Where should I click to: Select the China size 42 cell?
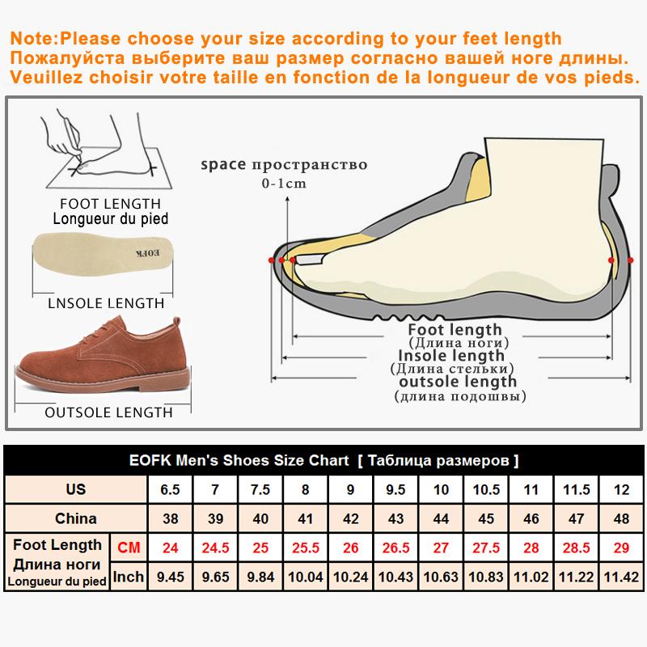pyautogui.click(x=350, y=518)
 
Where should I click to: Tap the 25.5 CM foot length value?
pyautogui.click(x=305, y=548)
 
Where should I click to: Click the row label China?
pyautogui.click(x=76, y=518)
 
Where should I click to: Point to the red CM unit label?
pyautogui.click(x=129, y=548)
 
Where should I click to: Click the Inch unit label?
pyautogui.click(x=129, y=576)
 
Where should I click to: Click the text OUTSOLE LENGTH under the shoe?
pyautogui.click(x=108, y=412)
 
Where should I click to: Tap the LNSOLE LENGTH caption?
pyautogui.click(x=101, y=303)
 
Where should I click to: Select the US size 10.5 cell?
pyautogui.click(x=486, y=489)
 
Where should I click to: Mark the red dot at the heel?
pyautogui.click(x=611, y=260)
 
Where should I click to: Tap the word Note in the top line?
pyautogui.click(x=29, y=39)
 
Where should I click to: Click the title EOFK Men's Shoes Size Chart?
pyautogui.click(x=239, y=461)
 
